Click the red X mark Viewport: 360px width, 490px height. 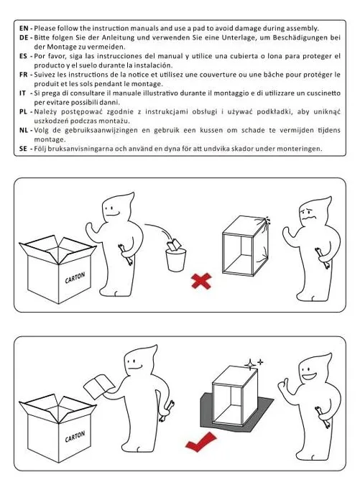tap(201, 281)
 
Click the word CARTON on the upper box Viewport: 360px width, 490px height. tap(75, 278)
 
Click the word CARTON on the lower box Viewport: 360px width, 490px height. tap(75, 437)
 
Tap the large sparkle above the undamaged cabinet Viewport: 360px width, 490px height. tap(250, 364)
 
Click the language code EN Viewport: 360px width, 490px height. tap(24, 29)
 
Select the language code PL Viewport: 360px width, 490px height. tap(24, 111)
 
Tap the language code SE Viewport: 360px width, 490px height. tap(24, 149)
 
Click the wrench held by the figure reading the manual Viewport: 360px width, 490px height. tap(166, 411)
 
